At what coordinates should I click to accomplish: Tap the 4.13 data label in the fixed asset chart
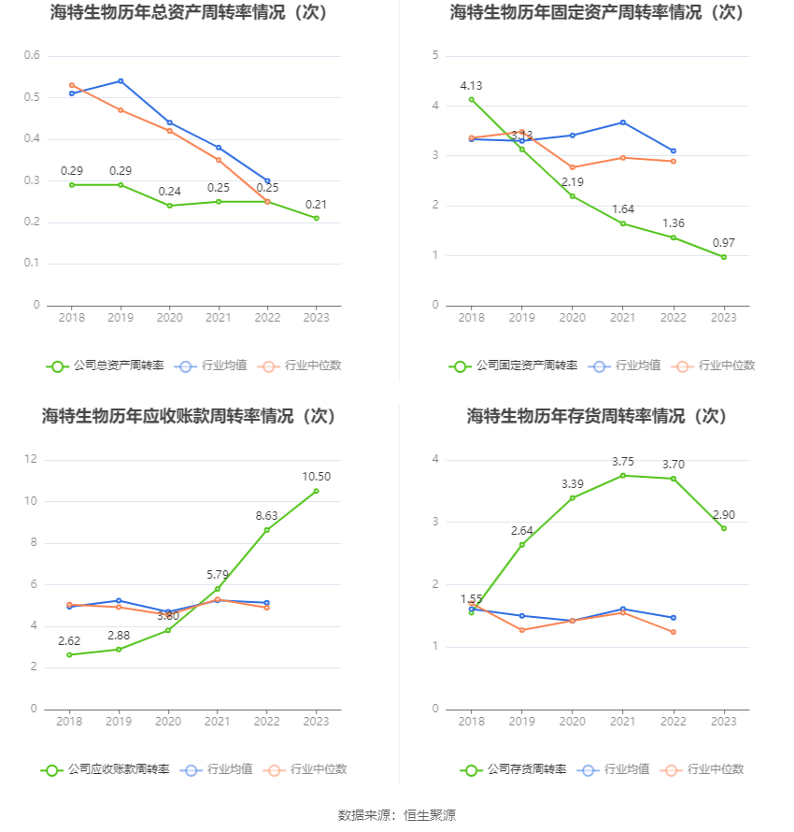click(471, 86)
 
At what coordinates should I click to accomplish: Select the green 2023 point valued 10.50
click(316, 491)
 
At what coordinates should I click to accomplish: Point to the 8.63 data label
click(266, 515)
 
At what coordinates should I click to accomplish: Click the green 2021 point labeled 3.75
click(623, 475)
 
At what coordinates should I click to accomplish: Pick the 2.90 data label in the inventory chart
click(723, 515)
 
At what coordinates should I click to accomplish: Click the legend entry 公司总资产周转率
click(105, 366)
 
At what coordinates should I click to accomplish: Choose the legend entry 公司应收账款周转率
click(105, 769)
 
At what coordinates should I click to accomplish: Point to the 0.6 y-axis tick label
click(32, 56)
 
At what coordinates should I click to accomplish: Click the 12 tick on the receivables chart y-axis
click(31, 459)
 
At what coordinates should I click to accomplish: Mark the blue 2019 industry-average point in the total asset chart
click(121, 81)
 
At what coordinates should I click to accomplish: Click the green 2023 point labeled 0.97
click(723, 257)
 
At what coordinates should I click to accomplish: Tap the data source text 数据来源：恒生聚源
click(397, 815)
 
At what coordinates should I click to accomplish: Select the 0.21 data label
click(316, 205)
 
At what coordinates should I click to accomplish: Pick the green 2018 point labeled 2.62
click(70, 654)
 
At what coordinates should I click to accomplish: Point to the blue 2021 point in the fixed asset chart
click(623, 122)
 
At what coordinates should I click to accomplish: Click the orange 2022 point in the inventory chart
click(673, 632)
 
